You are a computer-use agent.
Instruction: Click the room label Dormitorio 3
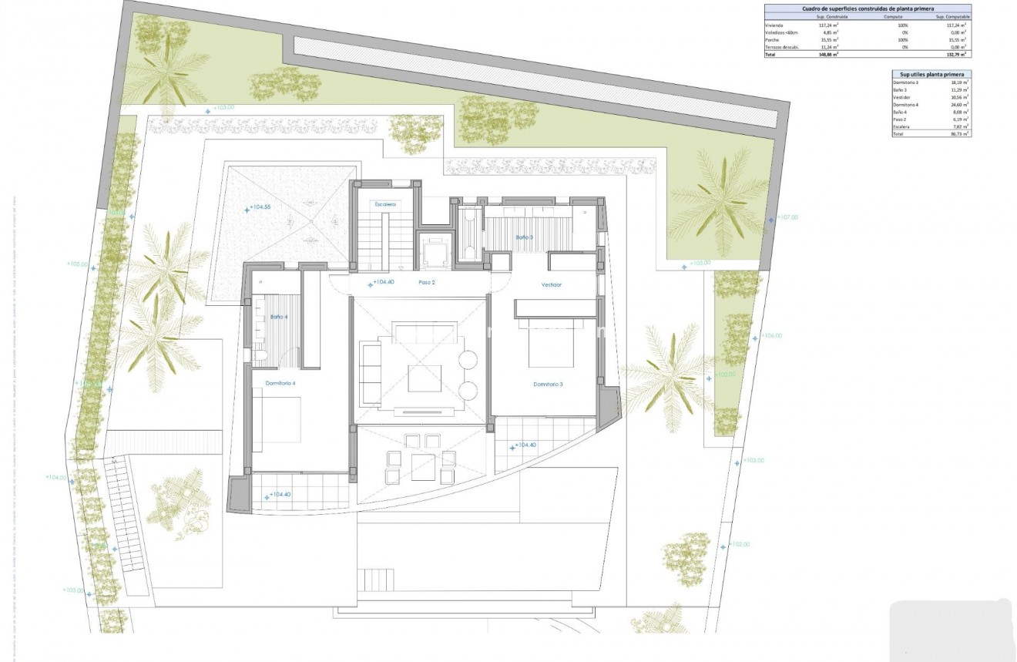coord(548,384)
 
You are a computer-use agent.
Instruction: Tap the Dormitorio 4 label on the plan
coord(280,383)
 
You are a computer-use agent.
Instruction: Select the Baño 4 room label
coord(279,317)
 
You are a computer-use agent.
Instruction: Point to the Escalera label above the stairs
coord(385,204)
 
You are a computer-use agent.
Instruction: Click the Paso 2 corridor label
coord(427,283)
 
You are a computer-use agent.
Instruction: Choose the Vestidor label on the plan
coord(552,284)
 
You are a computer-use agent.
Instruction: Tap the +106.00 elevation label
coord(771,336)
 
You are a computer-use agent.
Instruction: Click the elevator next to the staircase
coord(433,250)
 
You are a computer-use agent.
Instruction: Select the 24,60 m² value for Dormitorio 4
coord(959,105)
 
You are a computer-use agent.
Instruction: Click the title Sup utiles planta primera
coord(931,74)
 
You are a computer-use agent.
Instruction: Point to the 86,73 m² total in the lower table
coord(959,134)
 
